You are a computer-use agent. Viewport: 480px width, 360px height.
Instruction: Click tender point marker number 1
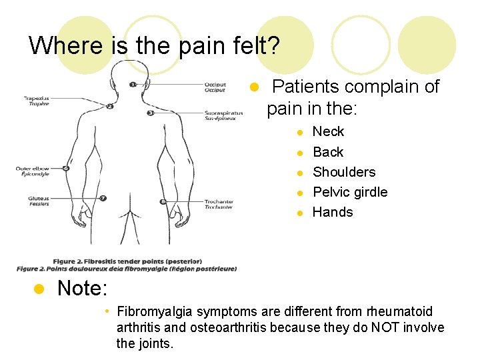(x=133, y=85)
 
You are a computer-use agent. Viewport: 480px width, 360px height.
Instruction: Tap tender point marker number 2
(x=110, y=106)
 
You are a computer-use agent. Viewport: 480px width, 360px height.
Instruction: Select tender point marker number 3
(x=151, y=113)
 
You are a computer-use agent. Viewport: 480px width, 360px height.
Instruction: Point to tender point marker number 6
(x=66, y=168)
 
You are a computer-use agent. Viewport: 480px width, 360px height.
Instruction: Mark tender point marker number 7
(x=103, y=198)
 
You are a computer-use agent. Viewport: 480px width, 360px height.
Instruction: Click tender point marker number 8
(x=163, y=201)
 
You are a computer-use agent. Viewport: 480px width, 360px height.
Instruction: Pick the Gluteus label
(x=38, y=198)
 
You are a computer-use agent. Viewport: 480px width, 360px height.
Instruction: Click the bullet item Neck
(x=328, y=131)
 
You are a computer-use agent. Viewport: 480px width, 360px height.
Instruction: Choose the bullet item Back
(x=328, y=152)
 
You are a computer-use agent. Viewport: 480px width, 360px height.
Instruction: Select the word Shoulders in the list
(x=344, y=172)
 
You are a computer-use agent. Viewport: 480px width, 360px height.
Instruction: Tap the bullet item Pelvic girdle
(x=350, y=192)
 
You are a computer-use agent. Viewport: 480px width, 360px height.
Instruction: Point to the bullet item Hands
(x=333, y=212)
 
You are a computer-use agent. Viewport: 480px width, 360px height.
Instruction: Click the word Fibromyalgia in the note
(x=155, y=311)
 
